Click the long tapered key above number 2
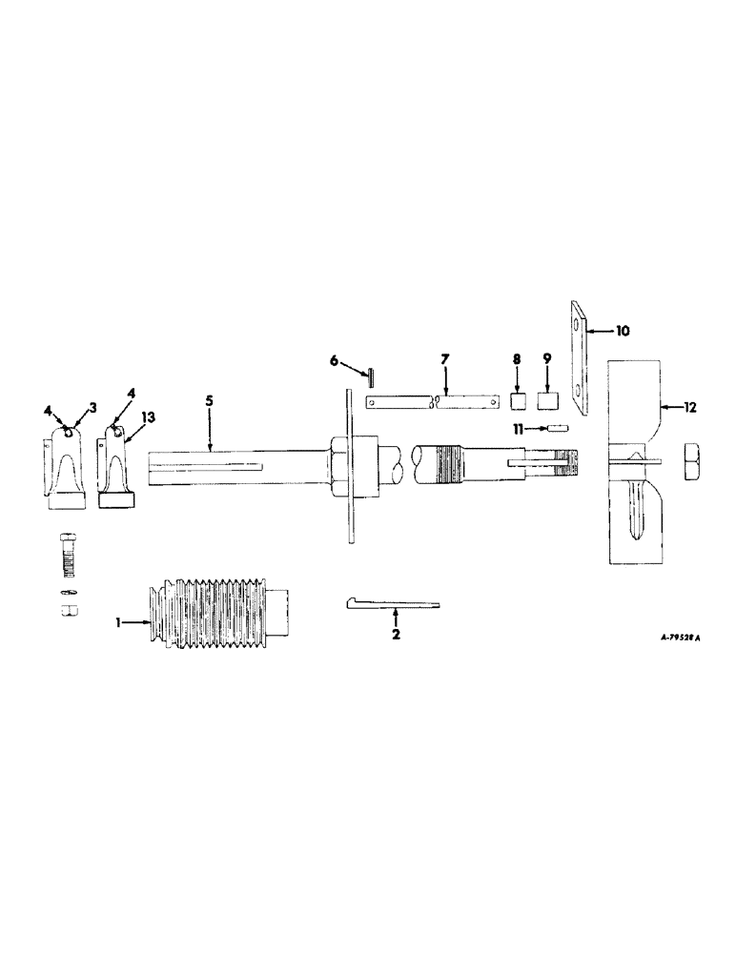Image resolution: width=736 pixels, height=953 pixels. [391, 602]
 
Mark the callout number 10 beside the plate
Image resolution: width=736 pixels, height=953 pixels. [622, 331]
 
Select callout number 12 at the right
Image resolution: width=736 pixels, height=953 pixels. [690, 407]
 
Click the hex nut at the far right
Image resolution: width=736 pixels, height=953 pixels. [695, 458]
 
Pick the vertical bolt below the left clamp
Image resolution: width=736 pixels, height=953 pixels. [69, 552]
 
